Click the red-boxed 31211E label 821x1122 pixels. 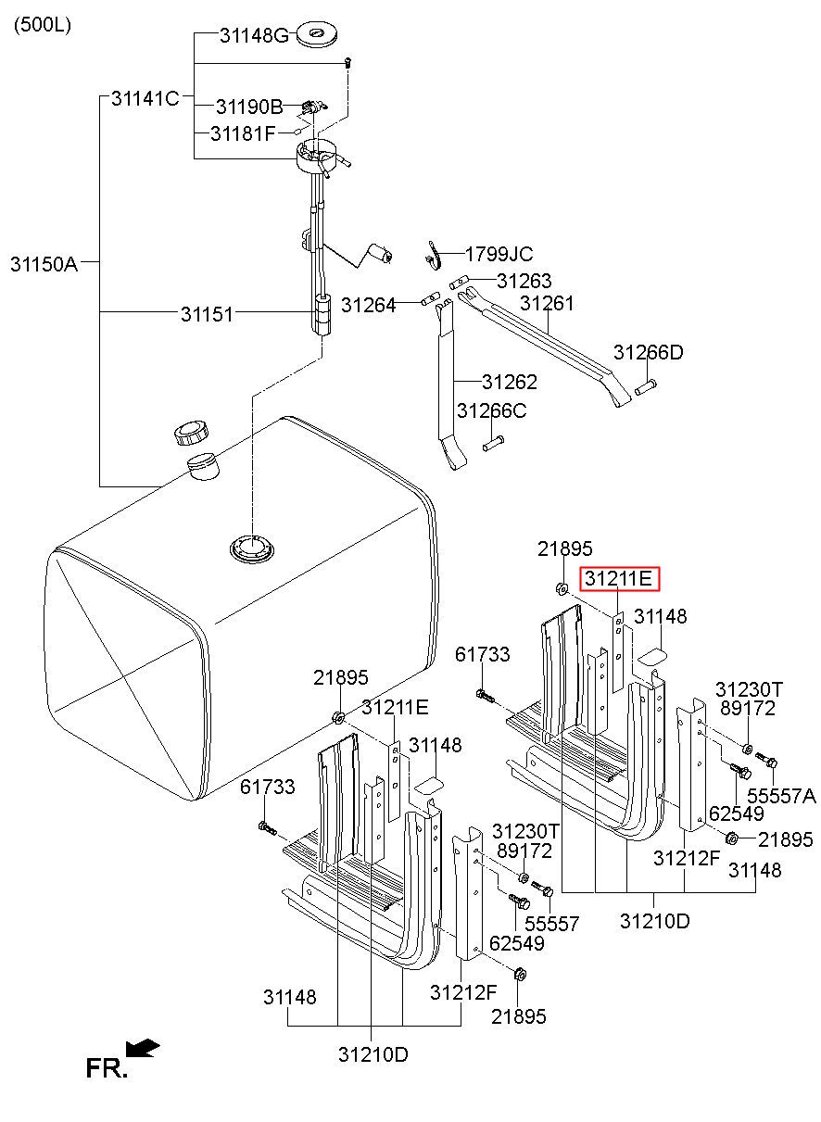pos(619,580)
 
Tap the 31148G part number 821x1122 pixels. pos(254,36)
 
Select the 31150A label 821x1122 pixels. pos(44,264)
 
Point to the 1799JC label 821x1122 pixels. pos(499,254)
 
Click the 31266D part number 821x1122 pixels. pos(648,353)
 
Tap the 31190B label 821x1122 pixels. pos(249,107)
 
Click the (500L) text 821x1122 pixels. pos(42,25)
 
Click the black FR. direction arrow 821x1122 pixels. pos(143,1048)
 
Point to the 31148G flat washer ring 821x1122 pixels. pos(317,36)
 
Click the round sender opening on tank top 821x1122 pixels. pos(253,547)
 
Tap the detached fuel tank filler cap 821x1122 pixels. pos(193,432)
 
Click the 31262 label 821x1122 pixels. pos(509,382)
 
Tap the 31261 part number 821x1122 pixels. pos(547,303)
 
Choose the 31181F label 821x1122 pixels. pos(243,133)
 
